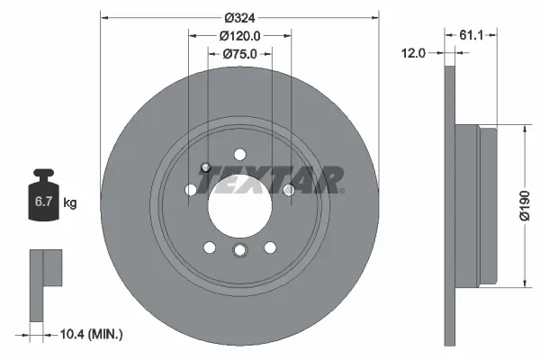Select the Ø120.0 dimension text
[x=240, y=36]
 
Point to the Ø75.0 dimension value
[x=240, y=54]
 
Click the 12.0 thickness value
[x=413, y=54]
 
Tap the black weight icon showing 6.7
[x=43, y=200]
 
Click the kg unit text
[x=70, y=203]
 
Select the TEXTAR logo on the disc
[x=271, y=180]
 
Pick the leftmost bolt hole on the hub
[x=191, y=190]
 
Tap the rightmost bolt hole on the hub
[x=288, y=190]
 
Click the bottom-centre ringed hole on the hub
[x=239, y=250]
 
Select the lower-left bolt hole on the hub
[x=210, y=247]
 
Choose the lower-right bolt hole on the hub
[x=269, y=247]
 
